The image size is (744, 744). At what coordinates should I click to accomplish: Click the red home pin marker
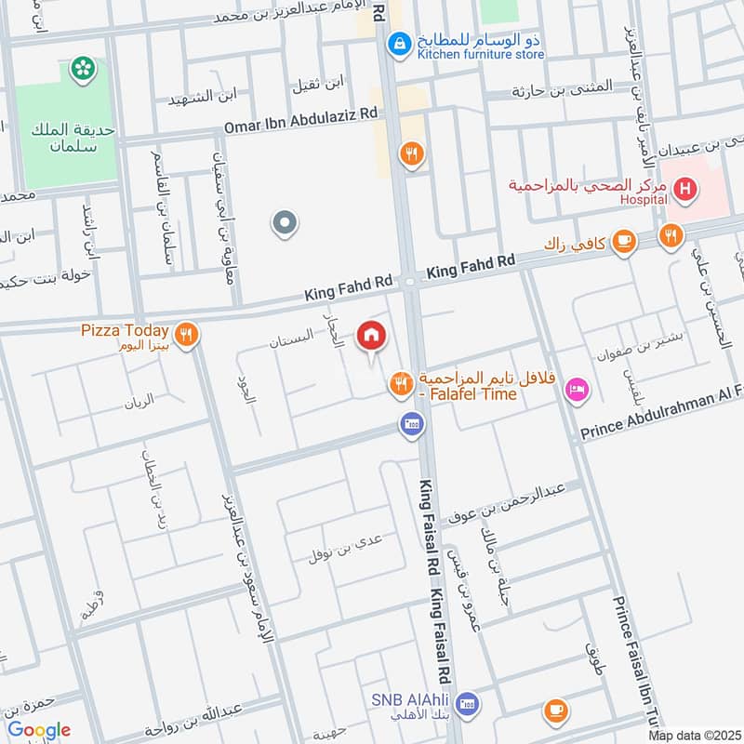[372, 337]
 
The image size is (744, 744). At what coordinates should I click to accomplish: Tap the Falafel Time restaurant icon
[401, 381]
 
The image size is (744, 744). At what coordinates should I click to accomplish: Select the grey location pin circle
[285, 223]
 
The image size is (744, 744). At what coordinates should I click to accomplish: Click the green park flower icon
[84, 68]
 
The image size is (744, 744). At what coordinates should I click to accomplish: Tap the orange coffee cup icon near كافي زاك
[624, 241]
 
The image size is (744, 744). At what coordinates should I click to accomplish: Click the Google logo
[39, 730]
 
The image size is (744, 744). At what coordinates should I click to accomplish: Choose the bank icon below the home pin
[412, 426]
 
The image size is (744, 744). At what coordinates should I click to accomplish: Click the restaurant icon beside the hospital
[671, 236]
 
